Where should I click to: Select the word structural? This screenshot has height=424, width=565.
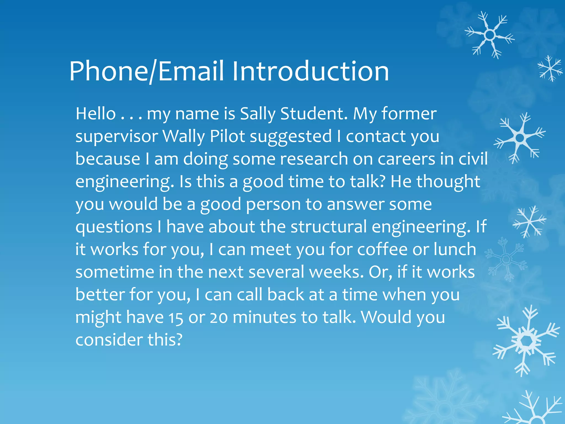[329, 227]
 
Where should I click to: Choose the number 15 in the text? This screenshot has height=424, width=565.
[176, 318]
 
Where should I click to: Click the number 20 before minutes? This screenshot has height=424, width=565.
[218, 318]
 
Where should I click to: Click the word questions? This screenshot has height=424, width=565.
[114, 227]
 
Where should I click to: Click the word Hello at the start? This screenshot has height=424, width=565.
[96, 114]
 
